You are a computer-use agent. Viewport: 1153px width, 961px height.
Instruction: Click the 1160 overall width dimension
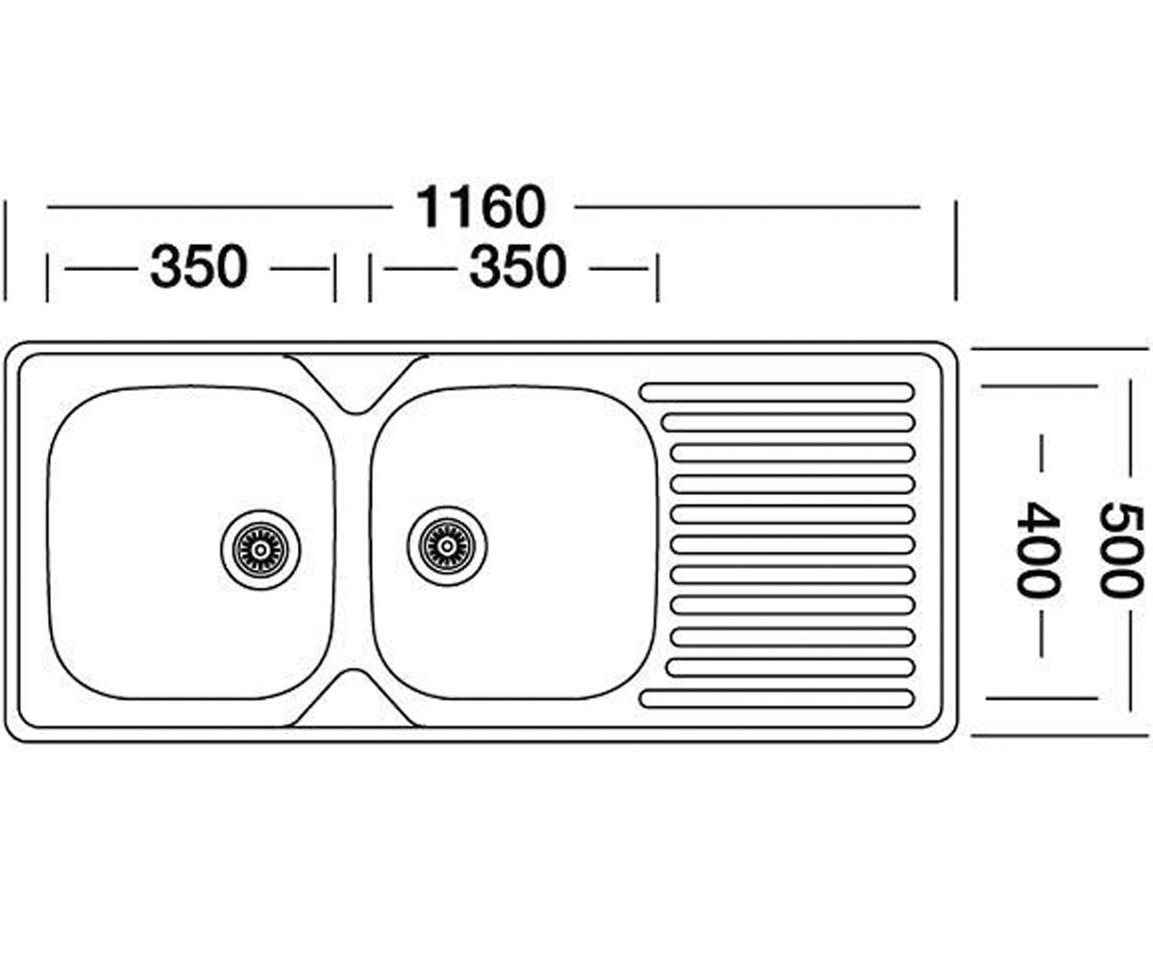tap(481, 208)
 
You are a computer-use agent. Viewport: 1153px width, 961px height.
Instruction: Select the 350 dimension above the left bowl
tap(199, 267)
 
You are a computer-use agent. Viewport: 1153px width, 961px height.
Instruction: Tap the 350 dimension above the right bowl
tap(518, 267)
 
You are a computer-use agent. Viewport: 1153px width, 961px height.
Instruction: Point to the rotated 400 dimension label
tap(1038, 549)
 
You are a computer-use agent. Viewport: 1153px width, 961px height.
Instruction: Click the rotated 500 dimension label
tap(1120, 549)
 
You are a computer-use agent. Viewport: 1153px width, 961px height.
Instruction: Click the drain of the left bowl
tap(260, 550)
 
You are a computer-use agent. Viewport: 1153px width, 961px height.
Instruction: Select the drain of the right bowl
tap(448, 546)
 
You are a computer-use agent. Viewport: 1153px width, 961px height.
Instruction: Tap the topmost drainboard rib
tap(776, 391)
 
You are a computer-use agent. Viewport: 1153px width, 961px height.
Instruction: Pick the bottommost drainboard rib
tap(776, 699)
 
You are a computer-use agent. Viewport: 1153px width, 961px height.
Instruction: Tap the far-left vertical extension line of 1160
tap(5, 251)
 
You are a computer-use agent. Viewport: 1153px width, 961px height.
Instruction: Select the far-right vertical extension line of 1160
tap(956, 251)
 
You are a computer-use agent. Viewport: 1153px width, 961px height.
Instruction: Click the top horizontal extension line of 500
tap(1062, 349)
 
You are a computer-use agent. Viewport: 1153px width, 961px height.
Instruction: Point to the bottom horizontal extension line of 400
tap(1042, 699)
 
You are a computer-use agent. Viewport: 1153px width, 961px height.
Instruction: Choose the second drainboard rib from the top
tap(788, 423)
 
